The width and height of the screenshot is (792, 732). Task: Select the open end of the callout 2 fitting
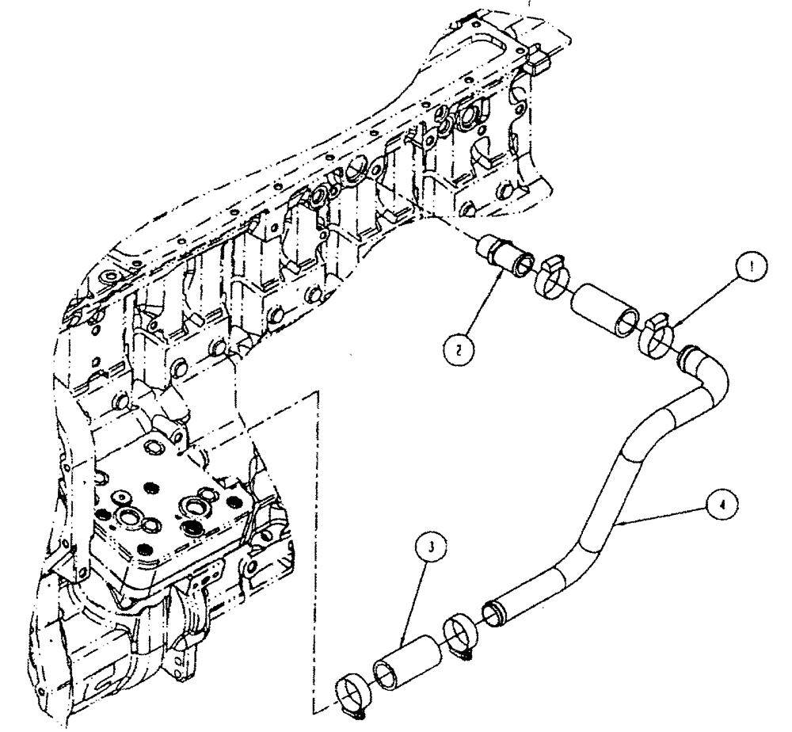pyautogui.click(x=521, y=265)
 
